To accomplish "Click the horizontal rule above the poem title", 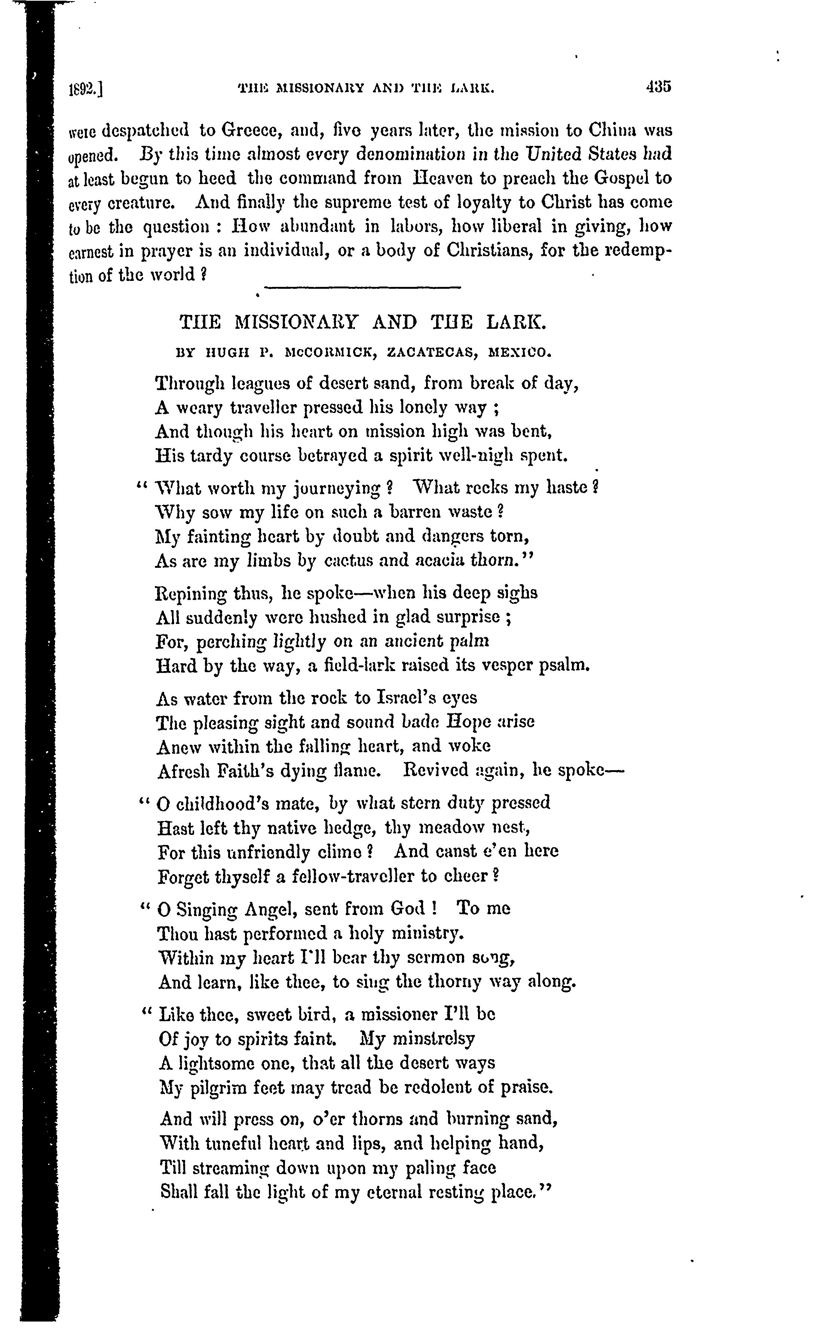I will click(363, 288).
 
